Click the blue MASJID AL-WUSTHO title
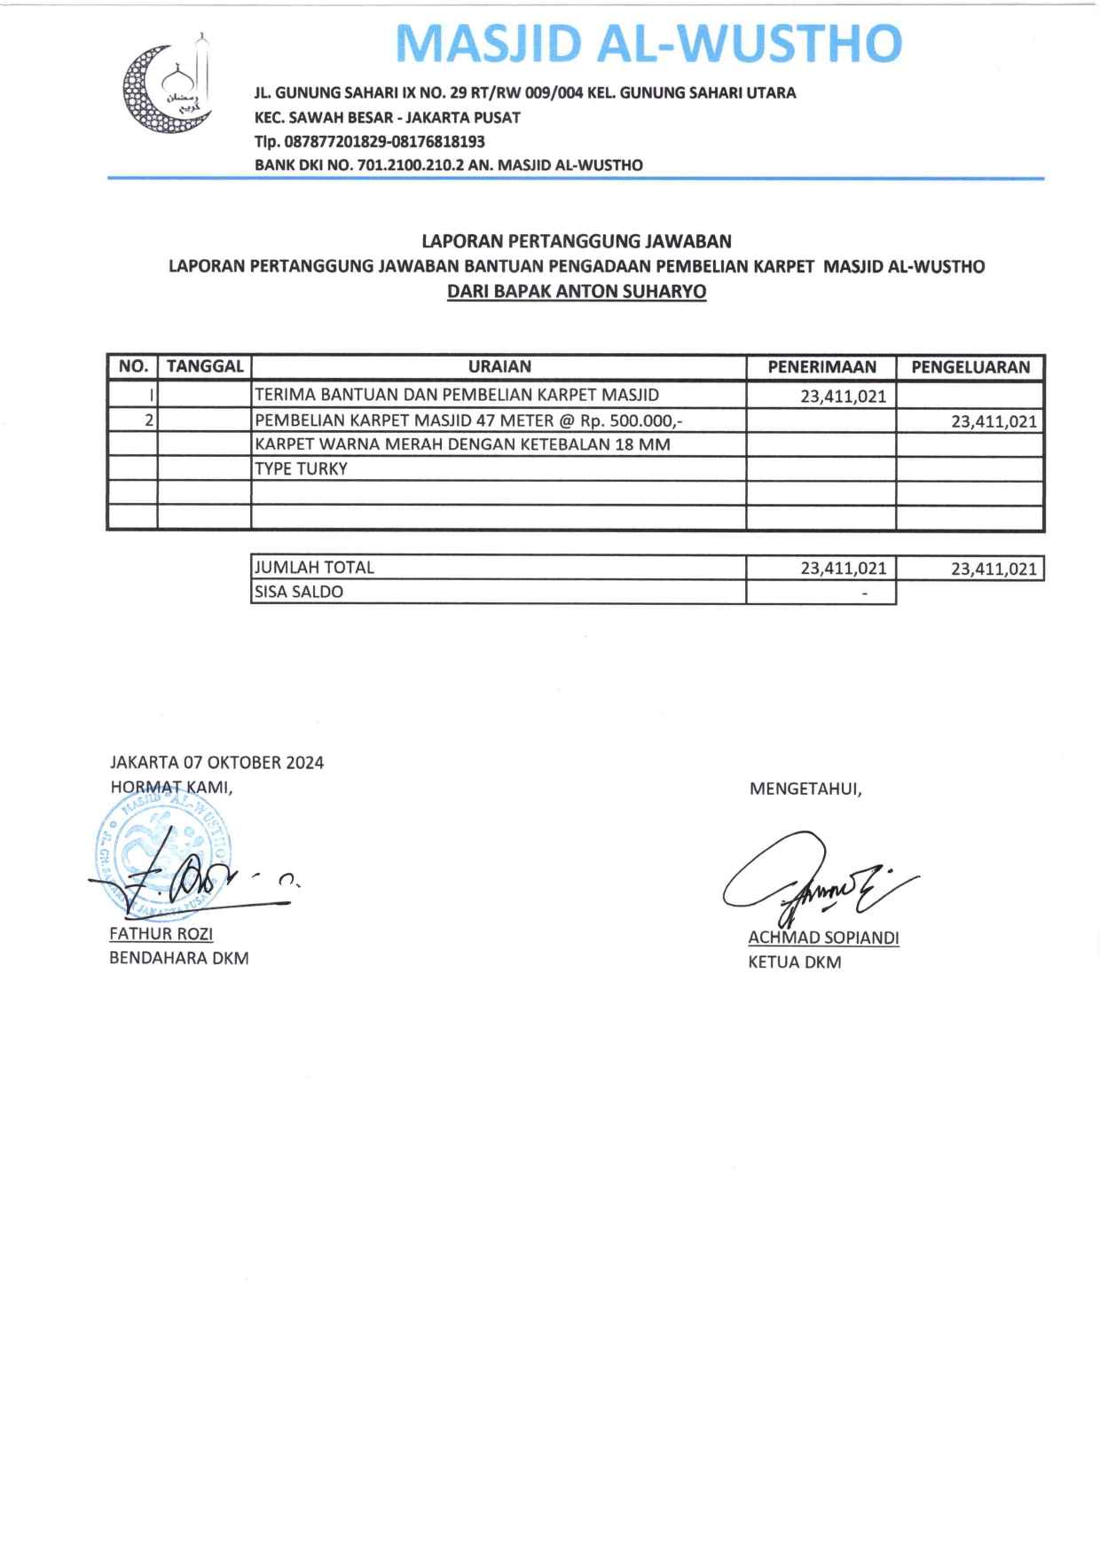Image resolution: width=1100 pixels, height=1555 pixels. [648, 43]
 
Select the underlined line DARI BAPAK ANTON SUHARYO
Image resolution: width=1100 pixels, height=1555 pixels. [577, 292]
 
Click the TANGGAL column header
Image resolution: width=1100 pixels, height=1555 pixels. [205, 367]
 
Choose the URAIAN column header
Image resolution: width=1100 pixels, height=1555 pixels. [499, 367]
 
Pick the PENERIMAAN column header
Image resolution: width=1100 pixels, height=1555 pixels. [821, 367]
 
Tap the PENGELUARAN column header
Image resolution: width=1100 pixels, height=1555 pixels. [970, 367]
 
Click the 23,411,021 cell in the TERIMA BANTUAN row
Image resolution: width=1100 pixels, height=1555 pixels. [843, 397]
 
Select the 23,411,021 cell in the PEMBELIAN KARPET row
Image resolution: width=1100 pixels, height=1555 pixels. [994, 421]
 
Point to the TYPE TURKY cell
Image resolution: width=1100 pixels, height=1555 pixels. [302, 469]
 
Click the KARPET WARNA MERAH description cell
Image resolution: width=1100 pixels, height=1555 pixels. [462, 444]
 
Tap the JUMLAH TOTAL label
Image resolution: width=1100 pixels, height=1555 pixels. [315, 568]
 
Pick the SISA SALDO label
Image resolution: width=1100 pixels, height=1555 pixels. [299, 592]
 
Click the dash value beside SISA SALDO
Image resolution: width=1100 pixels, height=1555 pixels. [864, 593]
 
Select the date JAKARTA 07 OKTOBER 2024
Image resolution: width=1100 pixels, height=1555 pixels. [216, 763]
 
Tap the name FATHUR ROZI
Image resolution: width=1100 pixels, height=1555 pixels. [161, 933]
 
